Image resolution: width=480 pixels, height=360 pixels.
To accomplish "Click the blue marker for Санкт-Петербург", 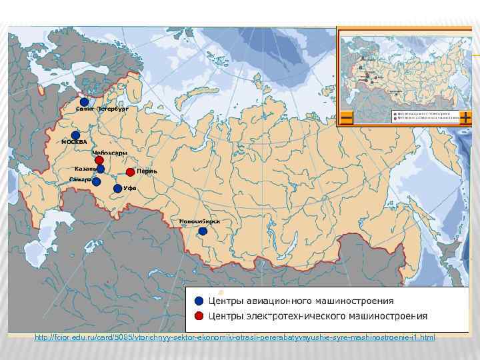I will point(84,101).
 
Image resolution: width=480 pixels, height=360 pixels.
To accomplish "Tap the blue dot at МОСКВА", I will point(76,135).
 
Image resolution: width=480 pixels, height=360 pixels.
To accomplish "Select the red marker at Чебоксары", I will point(99,161).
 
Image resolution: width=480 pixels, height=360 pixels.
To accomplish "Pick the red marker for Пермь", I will point(130,172).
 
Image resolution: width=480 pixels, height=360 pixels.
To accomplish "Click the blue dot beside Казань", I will point(100,169).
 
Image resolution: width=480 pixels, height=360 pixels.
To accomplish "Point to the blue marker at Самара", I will point(96,181).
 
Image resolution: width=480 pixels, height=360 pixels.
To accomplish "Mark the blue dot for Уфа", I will point(117,189).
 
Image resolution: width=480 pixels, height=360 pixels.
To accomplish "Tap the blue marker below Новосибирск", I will point(203,232).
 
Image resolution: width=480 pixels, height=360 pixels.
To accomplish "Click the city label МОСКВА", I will point(74,143).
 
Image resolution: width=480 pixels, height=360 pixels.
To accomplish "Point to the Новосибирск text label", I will point(199,221).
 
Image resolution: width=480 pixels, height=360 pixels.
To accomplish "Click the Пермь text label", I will point(147,171).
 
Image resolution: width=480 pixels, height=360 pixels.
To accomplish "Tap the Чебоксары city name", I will point(109,153).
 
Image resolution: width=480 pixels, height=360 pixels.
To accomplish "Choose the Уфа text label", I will point(130,189).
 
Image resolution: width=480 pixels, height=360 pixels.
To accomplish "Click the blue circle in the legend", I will point(199,300).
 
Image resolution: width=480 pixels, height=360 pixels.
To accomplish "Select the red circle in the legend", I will point(199,315).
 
